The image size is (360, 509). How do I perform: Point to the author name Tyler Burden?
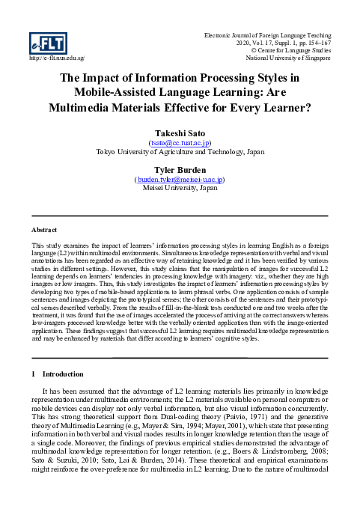[x=179, y=169]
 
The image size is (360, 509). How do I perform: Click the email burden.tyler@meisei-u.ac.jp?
[x=180, y=180]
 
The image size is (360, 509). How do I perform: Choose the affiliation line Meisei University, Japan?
[x=179, y=190]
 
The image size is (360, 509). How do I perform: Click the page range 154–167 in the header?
[x=316, y=43]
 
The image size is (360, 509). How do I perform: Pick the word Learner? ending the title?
[x=278, y=107]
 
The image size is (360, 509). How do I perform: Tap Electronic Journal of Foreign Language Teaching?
[x=266, y=34]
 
